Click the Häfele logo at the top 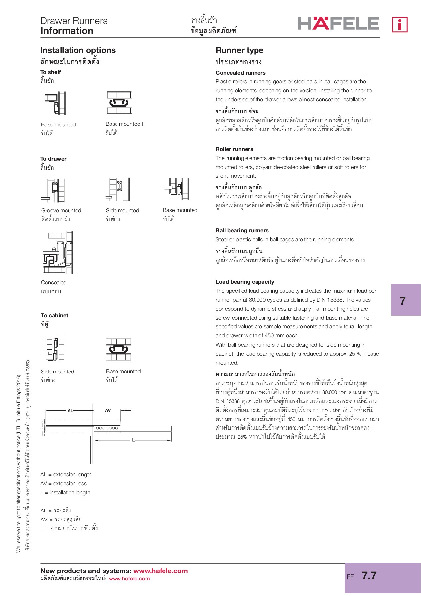(338, 24)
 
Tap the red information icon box (399, 25)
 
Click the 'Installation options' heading (78, 50)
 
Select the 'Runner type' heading (239, 50)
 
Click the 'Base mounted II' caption (125, 124)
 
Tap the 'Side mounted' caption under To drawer (122, 211)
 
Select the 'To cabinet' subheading (55, 316)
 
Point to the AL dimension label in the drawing (70, 411)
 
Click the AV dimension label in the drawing (108, 410)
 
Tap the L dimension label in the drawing (133, 440)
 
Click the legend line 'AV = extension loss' (63, 484)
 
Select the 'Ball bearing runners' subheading (242, 231)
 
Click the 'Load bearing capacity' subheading (245, 282)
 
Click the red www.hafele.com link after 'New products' (160, 571)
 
